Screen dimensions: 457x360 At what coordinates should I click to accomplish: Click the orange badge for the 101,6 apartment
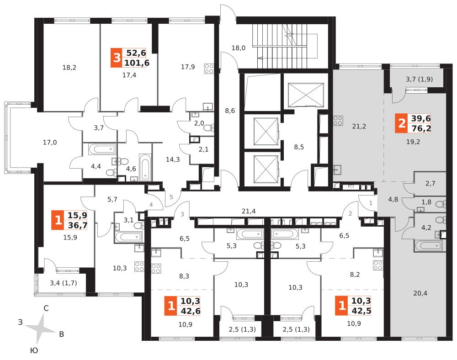pos(117,58)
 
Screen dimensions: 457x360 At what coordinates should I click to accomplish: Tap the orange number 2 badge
pos(401,123)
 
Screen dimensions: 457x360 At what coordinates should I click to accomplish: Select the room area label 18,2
pos(69,68)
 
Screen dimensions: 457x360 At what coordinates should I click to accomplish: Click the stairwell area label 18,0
pos(239,48)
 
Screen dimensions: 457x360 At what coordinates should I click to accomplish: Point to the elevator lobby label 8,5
pos(299,147)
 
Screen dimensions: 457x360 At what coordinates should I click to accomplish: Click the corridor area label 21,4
pos(249,211)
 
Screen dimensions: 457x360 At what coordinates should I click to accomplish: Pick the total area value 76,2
pos(420,128)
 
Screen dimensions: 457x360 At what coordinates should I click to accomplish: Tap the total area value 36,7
pos(78,225)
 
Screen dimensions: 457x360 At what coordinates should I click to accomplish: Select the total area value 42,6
pos(191,311)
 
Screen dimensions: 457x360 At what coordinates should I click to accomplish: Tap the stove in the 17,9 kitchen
pos(209,69)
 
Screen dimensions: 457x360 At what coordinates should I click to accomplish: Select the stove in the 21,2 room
pos(338,121)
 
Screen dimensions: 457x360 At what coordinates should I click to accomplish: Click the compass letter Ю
pos(34,350)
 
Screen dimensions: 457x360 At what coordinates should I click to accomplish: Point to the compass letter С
pos(46,308)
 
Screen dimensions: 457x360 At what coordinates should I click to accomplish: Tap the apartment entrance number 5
pos(171,197)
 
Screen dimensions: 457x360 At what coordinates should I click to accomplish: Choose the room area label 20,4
pos(420,293)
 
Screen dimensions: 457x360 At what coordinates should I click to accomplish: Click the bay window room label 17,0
pos(50,143)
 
